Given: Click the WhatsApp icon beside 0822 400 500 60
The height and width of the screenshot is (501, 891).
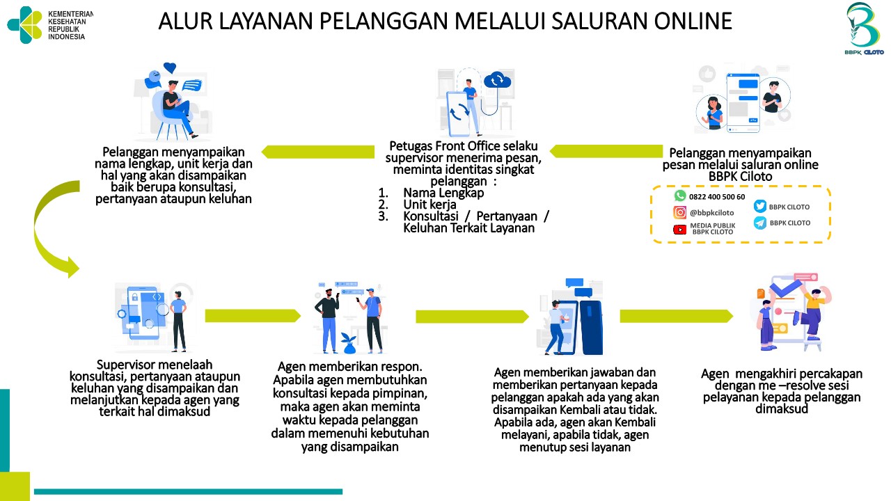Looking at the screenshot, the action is pos(680,196).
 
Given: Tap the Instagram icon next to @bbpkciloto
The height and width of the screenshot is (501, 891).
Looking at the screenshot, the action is pos(679,212).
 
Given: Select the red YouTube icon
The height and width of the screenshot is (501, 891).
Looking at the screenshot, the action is pos(679,230).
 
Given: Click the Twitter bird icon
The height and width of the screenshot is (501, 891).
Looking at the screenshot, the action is pos(759,207).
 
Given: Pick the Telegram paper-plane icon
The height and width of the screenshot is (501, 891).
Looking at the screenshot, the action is pos(759,223).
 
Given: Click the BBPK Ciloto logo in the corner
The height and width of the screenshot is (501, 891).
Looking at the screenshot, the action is pos(864,29).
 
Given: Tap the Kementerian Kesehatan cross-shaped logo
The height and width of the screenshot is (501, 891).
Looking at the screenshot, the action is pos(24,24).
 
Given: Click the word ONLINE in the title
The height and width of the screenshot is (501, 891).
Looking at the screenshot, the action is pos(693,21).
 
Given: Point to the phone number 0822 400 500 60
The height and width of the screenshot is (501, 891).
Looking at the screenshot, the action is pos(717,197).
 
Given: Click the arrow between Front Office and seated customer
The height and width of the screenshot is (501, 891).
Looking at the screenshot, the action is pos(318,152).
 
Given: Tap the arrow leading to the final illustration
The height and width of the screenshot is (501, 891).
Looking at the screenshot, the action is pos(676,316).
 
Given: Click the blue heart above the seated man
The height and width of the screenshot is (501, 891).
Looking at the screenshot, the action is pos(170,67).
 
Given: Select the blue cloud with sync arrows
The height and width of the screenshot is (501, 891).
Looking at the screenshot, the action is pos(497,80).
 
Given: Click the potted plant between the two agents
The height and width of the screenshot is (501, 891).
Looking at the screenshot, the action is pos(349,343).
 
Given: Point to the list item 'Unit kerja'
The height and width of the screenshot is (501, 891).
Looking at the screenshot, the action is pos(429,205).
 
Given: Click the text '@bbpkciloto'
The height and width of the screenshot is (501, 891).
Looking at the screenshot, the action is pos(711,213).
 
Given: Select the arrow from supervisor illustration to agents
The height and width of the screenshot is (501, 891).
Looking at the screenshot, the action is pos(253,316).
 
